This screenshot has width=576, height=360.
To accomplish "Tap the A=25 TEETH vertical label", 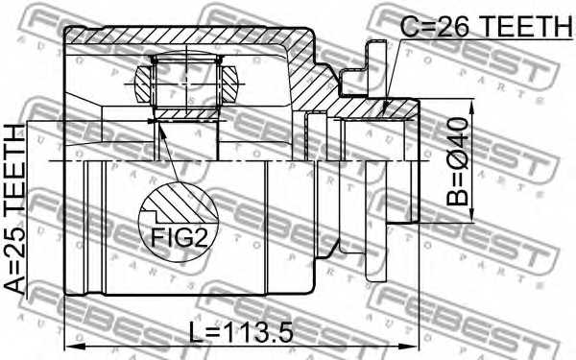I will (16, 207).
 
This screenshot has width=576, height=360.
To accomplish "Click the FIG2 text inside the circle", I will (178, 234).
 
